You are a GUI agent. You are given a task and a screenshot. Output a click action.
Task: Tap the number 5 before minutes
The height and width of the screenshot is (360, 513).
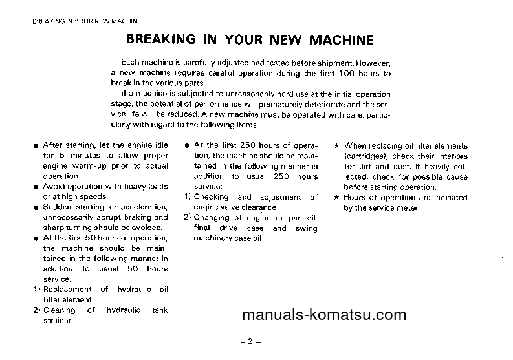click(x=61, y=156)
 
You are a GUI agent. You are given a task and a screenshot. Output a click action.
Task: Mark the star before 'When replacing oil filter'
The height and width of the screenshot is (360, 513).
click(x=337, y=146)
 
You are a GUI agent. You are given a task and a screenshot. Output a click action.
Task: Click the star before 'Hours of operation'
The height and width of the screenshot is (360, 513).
click(x=337, y=198)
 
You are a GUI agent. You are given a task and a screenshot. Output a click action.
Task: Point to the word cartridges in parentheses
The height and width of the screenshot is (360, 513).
click(x=367, y=156)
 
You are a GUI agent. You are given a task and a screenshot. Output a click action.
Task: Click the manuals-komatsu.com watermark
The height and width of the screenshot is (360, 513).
click(x=323, y=315)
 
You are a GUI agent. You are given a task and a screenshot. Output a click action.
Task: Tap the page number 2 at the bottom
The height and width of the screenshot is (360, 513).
click(x=249, y=342)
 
